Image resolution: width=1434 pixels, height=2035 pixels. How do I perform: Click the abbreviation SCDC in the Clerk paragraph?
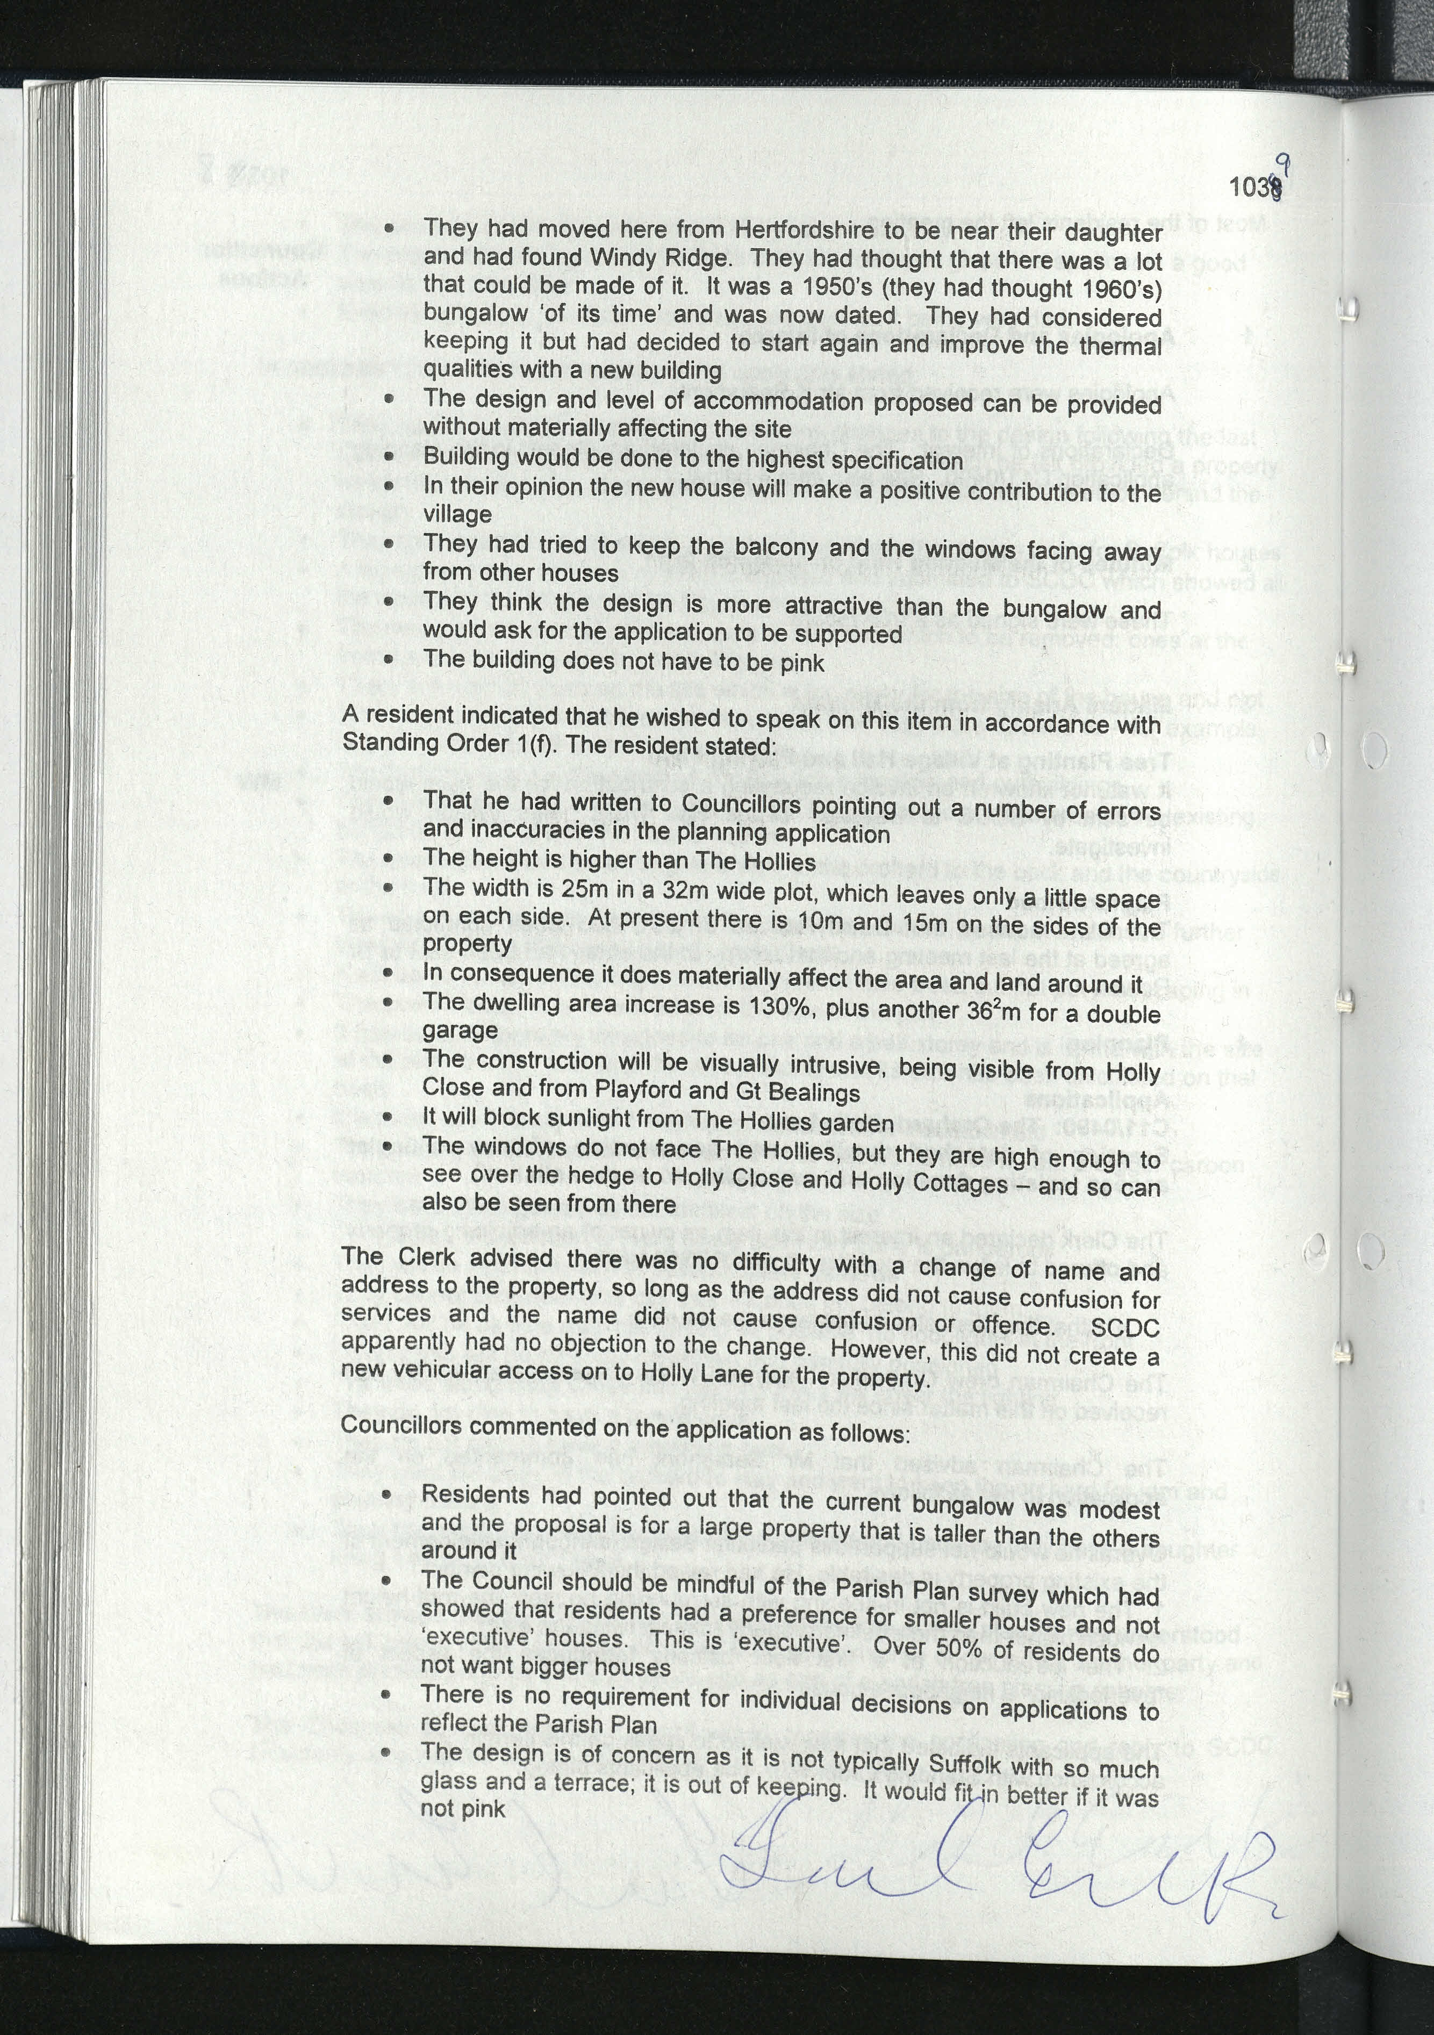point(1124,1328)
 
